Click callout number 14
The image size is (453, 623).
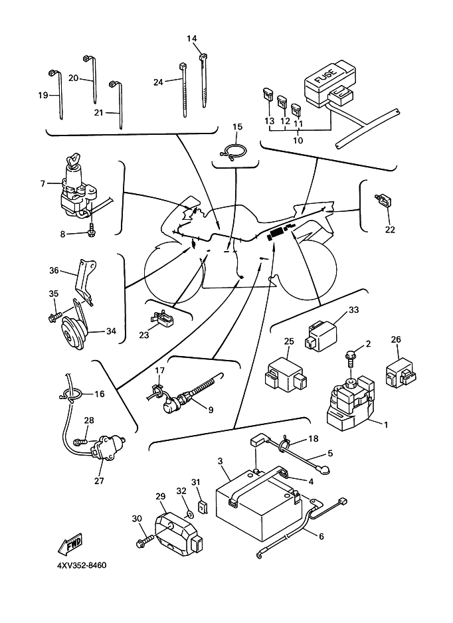click(192, 39)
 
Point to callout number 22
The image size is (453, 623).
click(389, 230)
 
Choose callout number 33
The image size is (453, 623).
click(353, 310)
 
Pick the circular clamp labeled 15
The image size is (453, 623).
click(232, 153)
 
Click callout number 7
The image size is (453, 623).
click(42, 183)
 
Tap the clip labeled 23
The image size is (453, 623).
click(163, 321)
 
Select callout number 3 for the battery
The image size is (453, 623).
click(220, 460)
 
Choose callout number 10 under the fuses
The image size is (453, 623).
click(298, 140)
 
